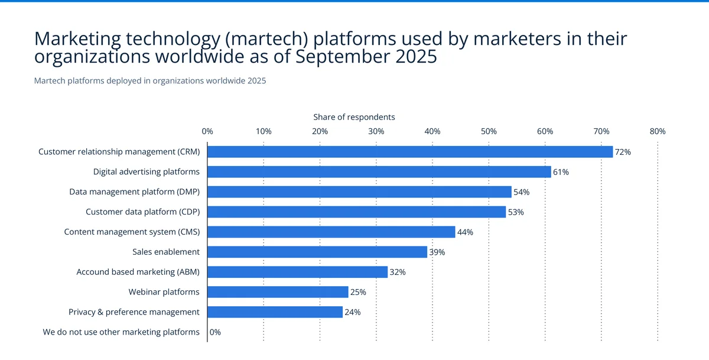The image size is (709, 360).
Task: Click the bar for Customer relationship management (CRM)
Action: (410, 152)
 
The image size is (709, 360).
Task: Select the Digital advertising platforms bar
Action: (379, 172)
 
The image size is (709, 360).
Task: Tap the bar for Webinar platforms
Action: (278, 292)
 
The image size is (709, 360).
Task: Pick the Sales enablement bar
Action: (317, 252)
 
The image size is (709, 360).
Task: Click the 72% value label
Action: (623, 152)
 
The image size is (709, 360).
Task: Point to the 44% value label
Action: (466, 232)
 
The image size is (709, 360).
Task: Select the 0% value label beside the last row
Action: (216, 332)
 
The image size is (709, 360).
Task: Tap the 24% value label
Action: (353, 312)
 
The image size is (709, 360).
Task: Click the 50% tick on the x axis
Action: (489, 131)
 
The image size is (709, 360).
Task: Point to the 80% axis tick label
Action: (658, 131)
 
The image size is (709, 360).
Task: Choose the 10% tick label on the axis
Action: (264, 131)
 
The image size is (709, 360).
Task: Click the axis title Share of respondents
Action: (354, 117)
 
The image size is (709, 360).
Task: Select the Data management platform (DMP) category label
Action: (134, 192)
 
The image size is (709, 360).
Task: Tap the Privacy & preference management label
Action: (134, 312)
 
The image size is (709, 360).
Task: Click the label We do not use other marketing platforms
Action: (121, 332)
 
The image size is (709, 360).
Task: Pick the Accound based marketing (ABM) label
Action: (138, 272)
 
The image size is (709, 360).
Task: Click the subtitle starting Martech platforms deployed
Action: (150, 81)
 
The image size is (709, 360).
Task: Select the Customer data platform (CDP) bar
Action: (356, 212)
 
